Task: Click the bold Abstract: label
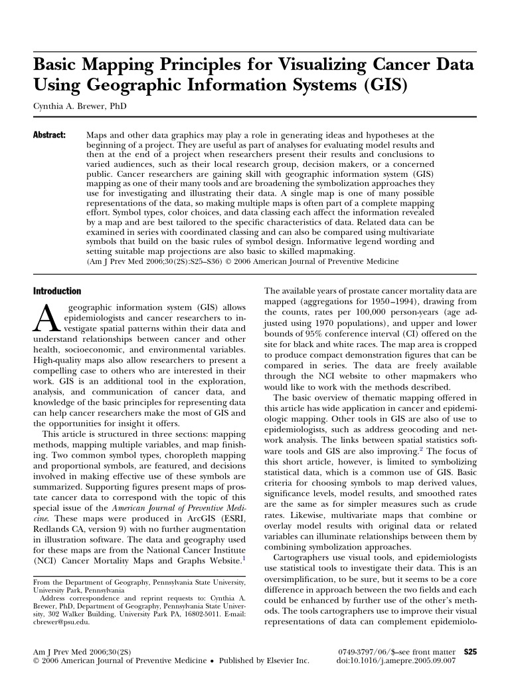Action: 49,135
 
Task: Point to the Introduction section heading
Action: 57,291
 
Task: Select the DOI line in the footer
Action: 396,662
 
